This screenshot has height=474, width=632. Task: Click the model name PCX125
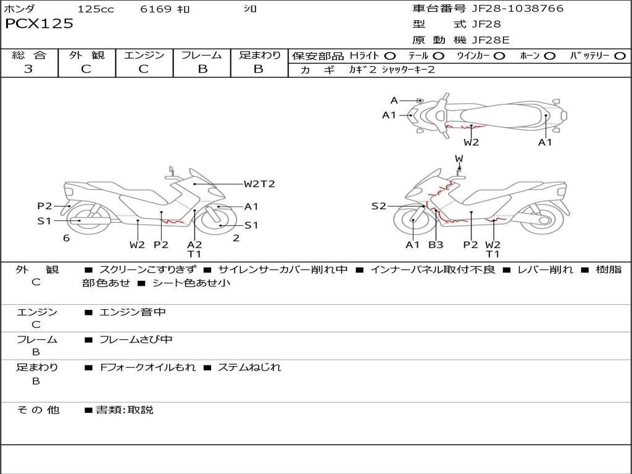(x=39, y=24)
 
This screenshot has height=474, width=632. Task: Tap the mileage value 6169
(x=156, y=9)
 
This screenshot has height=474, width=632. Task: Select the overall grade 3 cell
(x=28, y=69)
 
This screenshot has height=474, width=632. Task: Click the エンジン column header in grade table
(x=144, y=56)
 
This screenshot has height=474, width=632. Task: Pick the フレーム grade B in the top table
(x=202, y=69)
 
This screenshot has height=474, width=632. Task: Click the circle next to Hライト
(x=390, y=56)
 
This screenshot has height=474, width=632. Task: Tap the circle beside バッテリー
(x=620, y=56)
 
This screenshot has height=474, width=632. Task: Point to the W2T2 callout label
(x=259, y=184)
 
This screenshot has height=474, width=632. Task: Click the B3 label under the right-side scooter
(x=436, y=244)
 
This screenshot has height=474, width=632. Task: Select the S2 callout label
(x=378, y=206)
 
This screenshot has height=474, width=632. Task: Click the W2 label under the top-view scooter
(x=472, y=143)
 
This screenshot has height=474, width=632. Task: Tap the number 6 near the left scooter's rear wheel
(x=66, y=238)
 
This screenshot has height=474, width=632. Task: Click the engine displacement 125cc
(x=96, y=9)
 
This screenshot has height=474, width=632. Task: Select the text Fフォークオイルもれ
(x=148, y=367)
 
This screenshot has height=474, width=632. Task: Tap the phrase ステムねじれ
(x=249, y=367)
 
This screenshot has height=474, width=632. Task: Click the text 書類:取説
(x=124, y=410)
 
